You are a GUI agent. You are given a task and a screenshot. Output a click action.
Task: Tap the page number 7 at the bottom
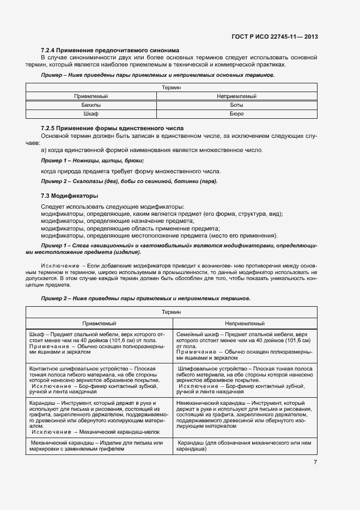[315, 462]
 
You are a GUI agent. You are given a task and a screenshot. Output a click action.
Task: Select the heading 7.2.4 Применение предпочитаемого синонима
[110, 50]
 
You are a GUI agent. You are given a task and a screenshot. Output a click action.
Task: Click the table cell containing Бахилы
[91, 105]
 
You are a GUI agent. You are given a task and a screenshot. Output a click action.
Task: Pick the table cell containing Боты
[236, 105]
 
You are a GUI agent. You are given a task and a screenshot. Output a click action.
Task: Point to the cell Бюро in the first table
[236, 114]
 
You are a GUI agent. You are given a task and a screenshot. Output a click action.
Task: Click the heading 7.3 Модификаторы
[69, 195]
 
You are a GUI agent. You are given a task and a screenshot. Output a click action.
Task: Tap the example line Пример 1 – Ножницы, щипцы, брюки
[93, 161]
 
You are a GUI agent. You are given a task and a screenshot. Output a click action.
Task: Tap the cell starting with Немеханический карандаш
[245, 417]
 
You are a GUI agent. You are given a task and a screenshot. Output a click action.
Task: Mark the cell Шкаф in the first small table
[91, 114]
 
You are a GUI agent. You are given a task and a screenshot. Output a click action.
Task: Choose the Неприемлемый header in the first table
[236, 96]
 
